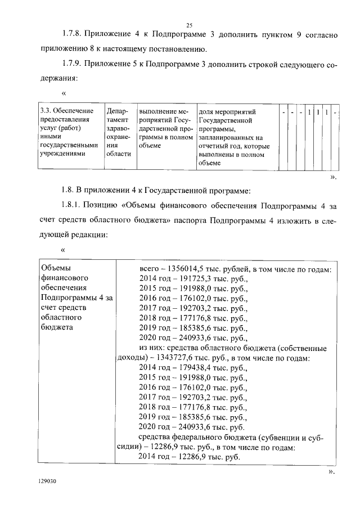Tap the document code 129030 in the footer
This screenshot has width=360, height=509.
(47, 482)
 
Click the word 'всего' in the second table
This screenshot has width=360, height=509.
(149, 268)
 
